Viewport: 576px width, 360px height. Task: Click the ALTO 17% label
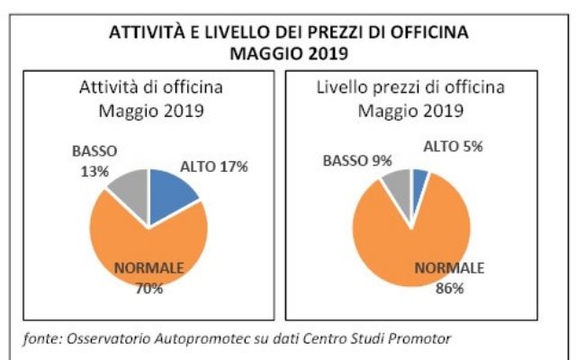click(213, 166)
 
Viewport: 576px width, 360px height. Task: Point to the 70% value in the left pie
click(148, 288)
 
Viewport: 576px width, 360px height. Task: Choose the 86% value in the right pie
click(449, 288)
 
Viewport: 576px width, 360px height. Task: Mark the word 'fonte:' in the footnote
click(43, 338)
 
